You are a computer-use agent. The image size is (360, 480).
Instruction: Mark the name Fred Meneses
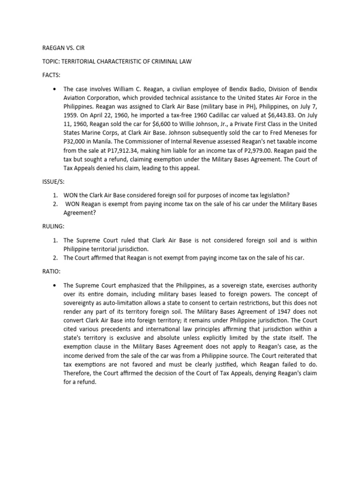(286, 133)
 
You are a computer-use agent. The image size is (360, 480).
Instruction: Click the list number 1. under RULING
(55, 240)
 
